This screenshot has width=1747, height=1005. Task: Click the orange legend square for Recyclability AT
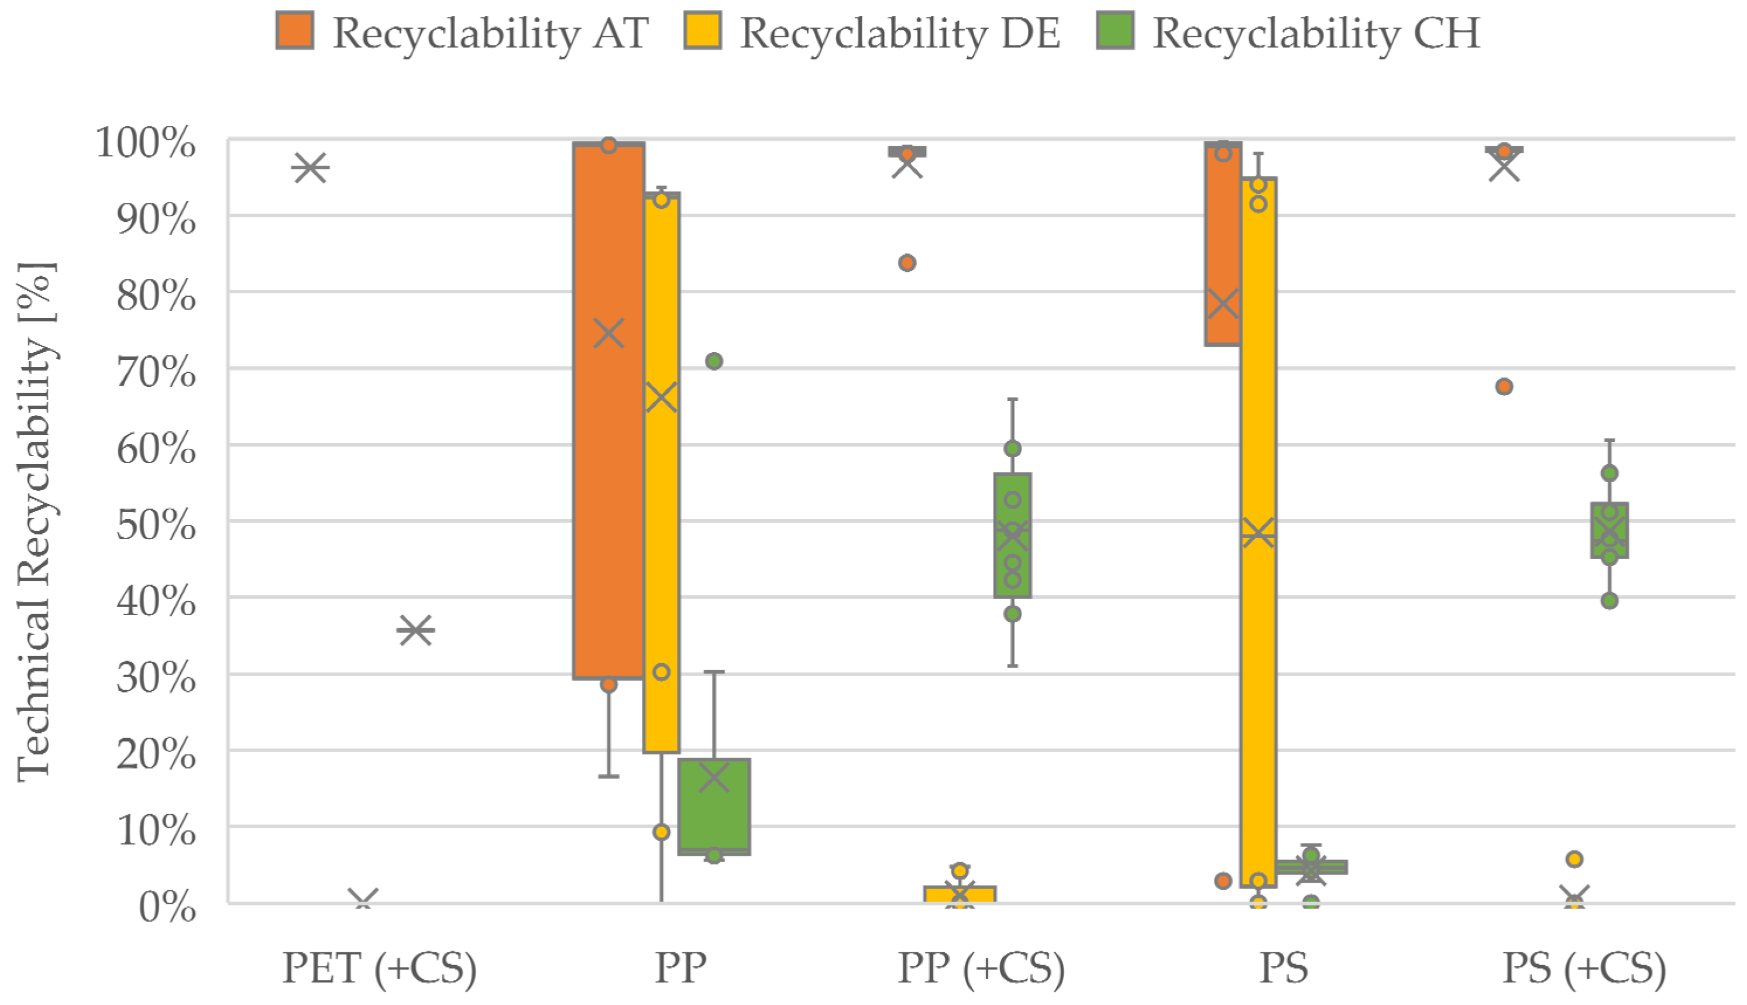pos(295,31)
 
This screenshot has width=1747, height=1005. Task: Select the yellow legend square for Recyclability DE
pos(703,31)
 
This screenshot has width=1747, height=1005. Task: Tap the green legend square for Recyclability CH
pos(1115,31)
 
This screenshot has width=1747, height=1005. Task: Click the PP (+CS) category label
pos(981,968)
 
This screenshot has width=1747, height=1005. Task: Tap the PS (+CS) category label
pos(1584,968)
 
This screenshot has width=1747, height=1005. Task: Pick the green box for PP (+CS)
pos(1012,535)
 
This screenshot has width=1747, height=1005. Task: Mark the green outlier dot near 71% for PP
pos(714,361)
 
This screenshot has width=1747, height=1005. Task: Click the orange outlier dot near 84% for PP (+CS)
pos(907,263)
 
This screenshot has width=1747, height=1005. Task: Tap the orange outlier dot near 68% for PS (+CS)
pos(1504,386)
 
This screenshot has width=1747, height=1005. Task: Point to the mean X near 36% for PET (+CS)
pos(415,630)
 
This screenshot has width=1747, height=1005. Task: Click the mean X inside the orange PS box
pos(1223,304)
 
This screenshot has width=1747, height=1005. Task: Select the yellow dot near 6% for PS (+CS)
pos(1574,859)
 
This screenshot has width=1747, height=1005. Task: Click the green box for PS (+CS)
pos(1610,530)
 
